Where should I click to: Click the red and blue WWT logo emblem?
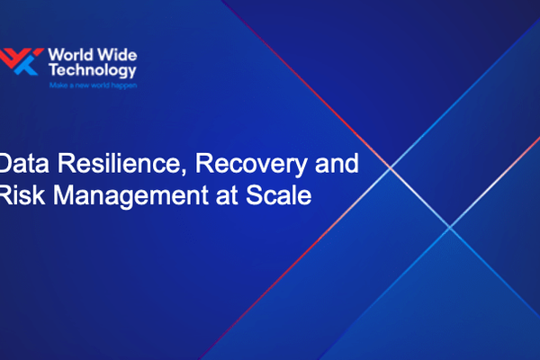click(21, 61)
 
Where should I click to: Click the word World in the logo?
click(70, 55)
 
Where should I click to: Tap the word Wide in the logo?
click(117, 55)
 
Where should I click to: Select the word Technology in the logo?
click(93, 70)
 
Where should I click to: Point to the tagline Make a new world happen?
click(93, 85)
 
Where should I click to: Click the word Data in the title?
click(24, 163)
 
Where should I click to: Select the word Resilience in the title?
click(117, 163)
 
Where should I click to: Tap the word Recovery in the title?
click(251, 165)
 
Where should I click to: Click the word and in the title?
click(337, 163)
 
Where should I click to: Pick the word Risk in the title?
click(22, 195)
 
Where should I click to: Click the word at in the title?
click(227, 196)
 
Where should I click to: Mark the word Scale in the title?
click(279, 195)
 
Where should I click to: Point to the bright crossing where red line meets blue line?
click(391, 167)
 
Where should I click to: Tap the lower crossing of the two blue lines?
click(449, 227)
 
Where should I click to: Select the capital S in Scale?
click(255, 195)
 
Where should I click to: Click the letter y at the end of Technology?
click(131, 73)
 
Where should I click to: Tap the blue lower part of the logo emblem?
click(26, 67)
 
